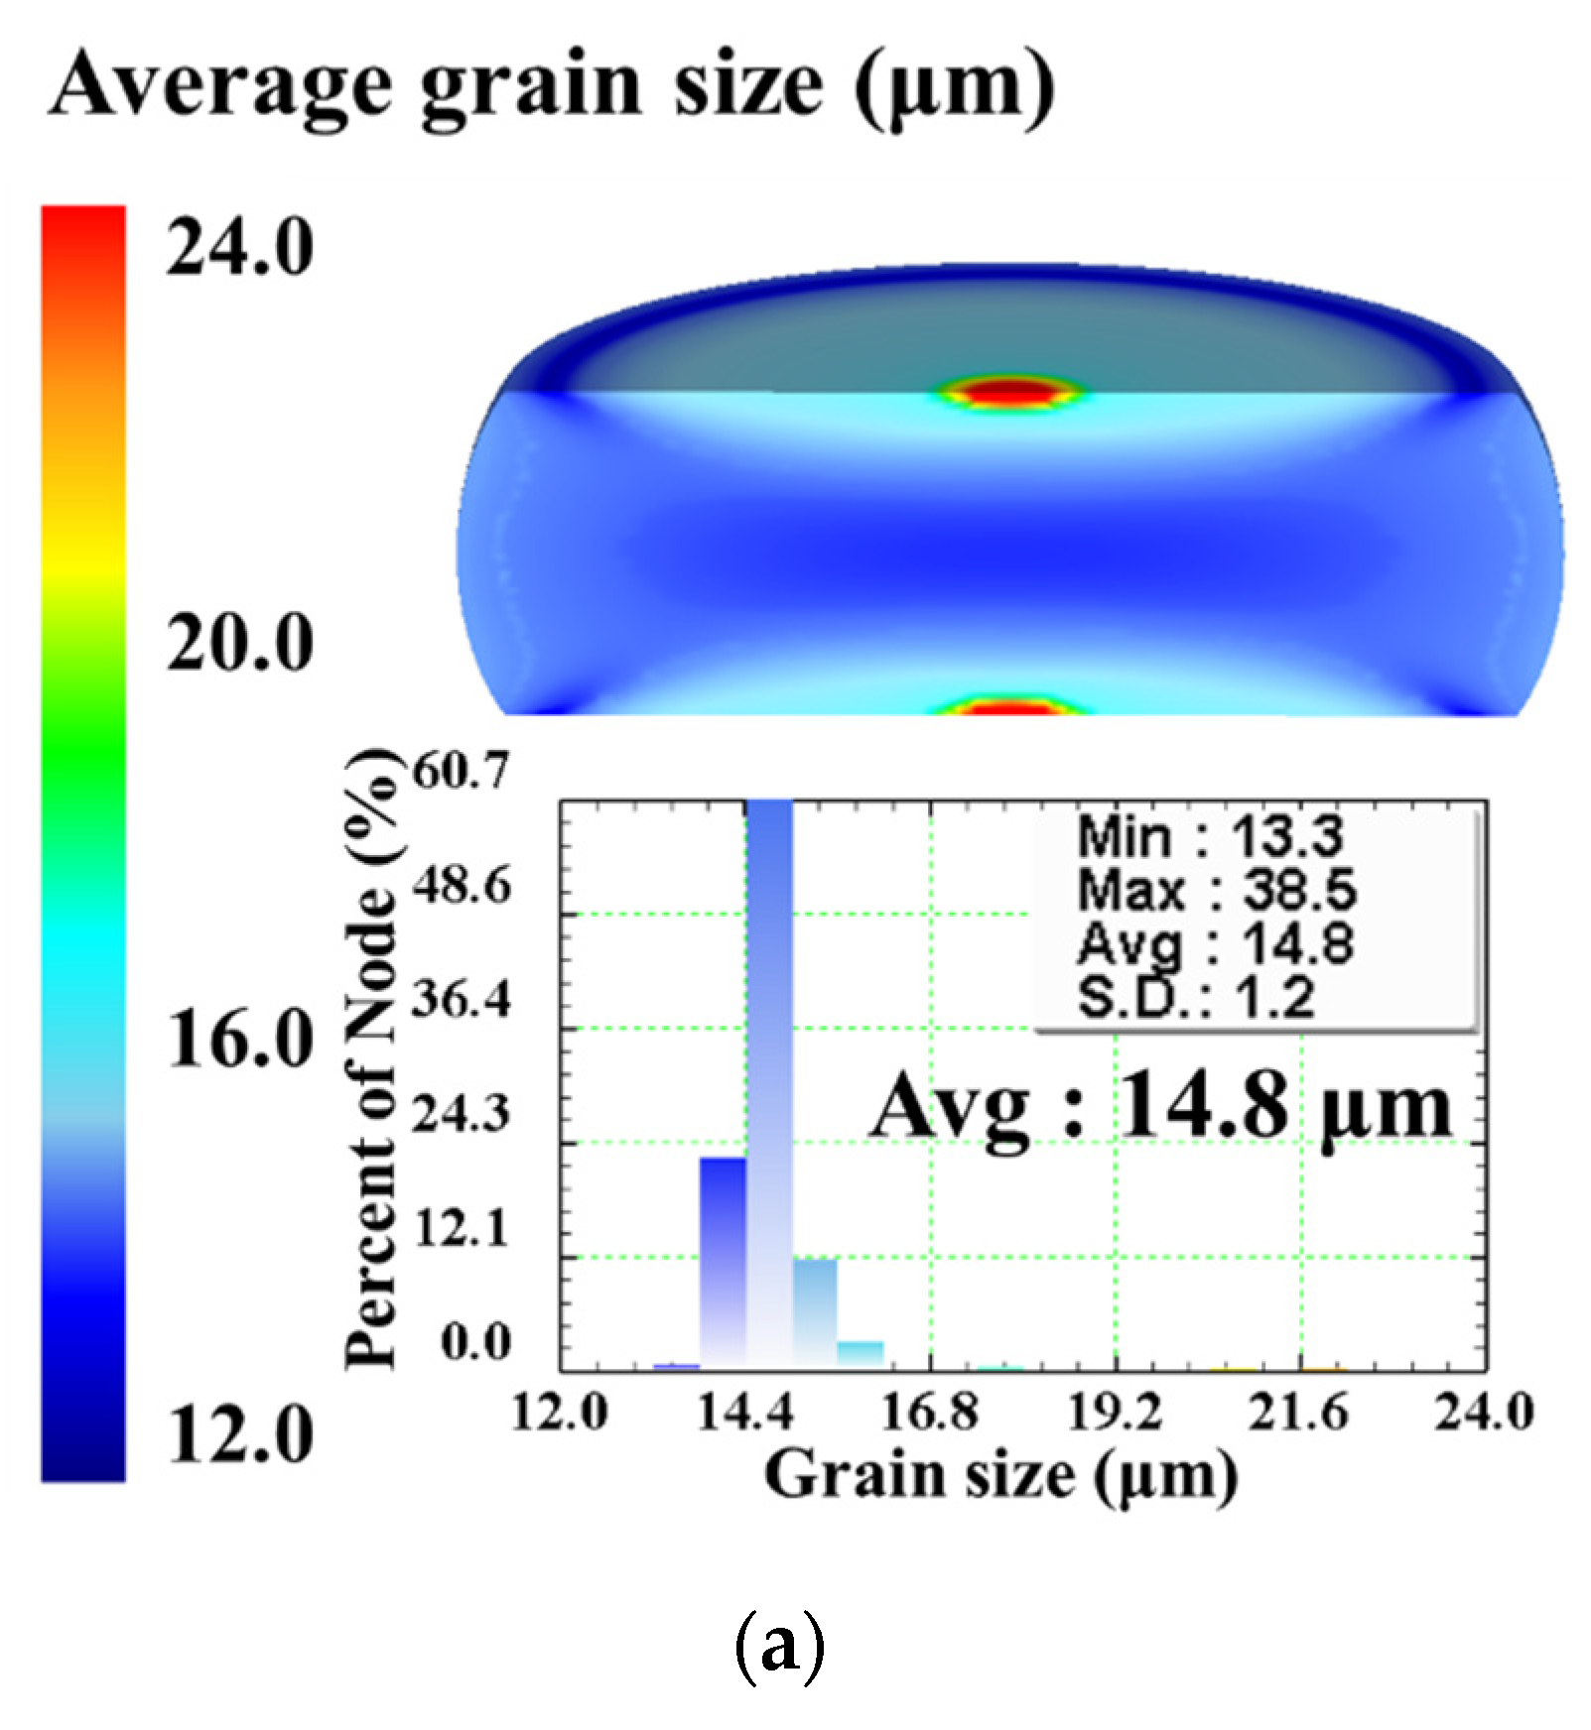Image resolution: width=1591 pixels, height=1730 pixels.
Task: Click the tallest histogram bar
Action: point(769,1081)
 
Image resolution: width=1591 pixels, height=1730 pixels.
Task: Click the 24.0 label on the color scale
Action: point(239,248)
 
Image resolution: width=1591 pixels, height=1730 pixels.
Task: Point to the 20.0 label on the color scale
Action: point(239,644)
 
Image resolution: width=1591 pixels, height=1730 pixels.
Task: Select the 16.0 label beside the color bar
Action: point(239,1040)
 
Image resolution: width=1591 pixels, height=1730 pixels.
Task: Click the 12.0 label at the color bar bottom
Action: point(239,1435)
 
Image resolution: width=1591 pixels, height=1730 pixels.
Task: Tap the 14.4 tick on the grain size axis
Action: point(744,1412)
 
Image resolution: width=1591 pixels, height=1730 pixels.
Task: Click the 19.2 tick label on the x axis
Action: point(1115,1412)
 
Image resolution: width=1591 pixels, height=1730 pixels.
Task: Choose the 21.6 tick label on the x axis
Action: point(1299,1412)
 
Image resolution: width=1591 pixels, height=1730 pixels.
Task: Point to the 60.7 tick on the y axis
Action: point(462,770)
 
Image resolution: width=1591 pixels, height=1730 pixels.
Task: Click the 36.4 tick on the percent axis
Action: point(462,999)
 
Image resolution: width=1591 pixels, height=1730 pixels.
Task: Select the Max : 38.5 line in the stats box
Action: point(1216,890)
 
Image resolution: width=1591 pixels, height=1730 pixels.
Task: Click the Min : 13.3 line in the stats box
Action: point(1211,837)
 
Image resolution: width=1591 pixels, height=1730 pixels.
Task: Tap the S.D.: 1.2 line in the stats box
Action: point(1196,997)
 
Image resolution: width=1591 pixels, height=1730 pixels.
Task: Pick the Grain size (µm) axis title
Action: point(1000,1475)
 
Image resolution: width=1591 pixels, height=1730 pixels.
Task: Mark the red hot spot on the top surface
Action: point(1007,391)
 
